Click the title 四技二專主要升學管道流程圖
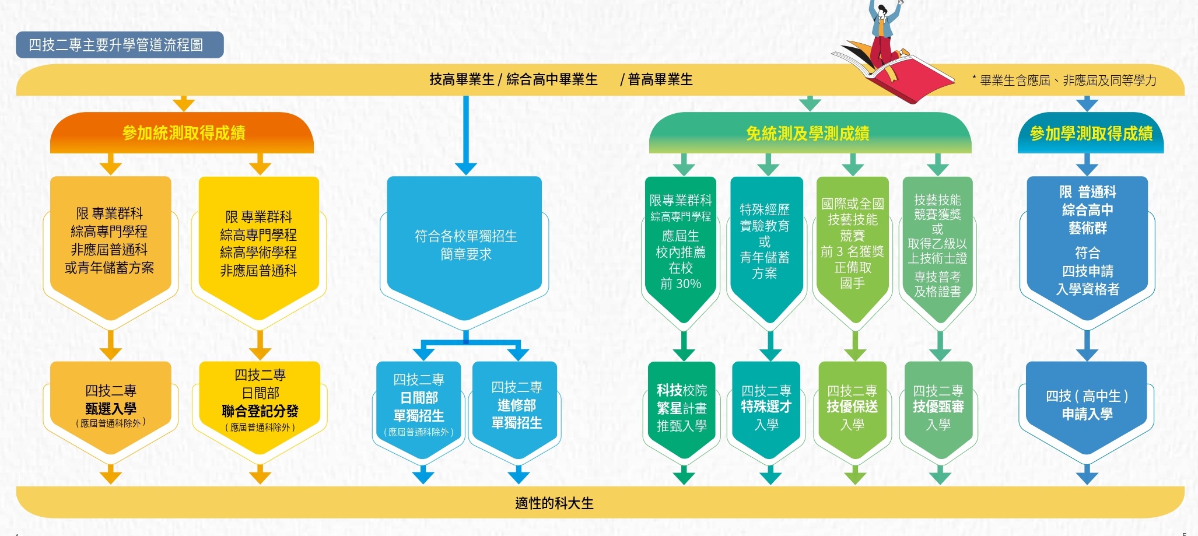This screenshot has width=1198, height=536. tap(117, 45)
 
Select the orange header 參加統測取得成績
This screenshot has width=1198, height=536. tap(183, 133)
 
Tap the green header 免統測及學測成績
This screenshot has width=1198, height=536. tap(808, 134)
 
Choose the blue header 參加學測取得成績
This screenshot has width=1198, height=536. tap(1091, 134)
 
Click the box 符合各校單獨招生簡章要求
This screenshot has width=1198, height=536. tap(465, 245)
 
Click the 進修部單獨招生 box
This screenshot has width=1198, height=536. tap(517, 405)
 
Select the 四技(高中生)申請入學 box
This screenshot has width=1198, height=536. tap(1087, 405)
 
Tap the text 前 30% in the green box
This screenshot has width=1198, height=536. tap(681, 284)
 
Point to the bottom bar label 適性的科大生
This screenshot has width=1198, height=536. tap(554, 503)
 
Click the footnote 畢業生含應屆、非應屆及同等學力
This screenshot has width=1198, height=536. tap(1067, 80)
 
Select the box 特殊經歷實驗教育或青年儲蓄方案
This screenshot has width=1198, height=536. tap(765, 241)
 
